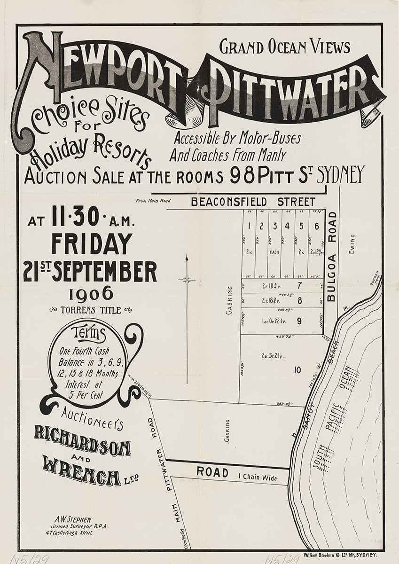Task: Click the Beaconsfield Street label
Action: [x=253, y=202]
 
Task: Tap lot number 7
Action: [x=299, y=285]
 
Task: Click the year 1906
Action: [x=91, y=294]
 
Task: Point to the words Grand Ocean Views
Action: [x=285, y=47]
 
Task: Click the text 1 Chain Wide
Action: [x=258, y=478]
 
